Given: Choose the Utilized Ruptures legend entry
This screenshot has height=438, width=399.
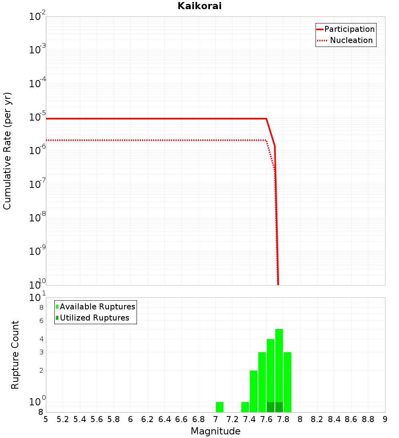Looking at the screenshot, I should [x=94, y=318].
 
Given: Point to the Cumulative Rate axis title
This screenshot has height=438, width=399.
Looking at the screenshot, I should [x=7, y=151].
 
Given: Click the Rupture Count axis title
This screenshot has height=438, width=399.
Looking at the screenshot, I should [x=15, y=354].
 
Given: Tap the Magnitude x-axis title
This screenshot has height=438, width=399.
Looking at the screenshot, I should [x=215, y=431].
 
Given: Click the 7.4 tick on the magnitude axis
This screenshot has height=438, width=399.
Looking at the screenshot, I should [x=249, y=419].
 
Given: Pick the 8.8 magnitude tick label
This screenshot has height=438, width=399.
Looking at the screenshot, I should [x=368, y=419].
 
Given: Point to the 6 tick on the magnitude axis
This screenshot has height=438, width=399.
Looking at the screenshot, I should [x=130, y=419].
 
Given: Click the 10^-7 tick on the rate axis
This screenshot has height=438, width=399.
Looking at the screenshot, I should [x=38, y=184].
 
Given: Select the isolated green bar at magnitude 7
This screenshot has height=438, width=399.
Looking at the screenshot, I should [x=219, y=407].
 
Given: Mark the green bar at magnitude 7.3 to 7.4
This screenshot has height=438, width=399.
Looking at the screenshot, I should [x=245, y=407].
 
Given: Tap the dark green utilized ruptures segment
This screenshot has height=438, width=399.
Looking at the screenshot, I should [x=275, y=407].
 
